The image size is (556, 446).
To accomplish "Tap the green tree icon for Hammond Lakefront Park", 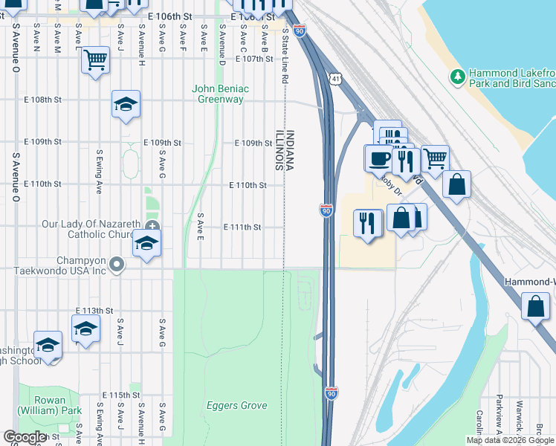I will point(458,76).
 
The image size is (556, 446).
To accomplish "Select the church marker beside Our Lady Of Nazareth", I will point(152,226).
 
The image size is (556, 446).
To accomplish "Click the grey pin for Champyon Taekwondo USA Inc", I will point(116,264).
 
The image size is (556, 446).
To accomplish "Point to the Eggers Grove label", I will point(236,406).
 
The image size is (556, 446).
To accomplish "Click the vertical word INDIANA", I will point(290,149).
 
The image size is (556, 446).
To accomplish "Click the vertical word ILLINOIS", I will point(279,149).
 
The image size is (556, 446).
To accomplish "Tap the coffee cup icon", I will point(379,158).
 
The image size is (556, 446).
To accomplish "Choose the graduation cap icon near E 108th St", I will point(126,105).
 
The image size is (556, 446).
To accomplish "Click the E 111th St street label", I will point(242,227).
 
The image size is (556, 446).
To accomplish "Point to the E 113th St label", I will point(94,310).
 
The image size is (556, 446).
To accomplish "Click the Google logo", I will point(25,438).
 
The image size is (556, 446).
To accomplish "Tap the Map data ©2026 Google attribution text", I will point(510,440).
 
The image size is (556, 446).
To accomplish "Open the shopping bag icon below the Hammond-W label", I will point(535,306).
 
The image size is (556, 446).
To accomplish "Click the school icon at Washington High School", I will point(48,346).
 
